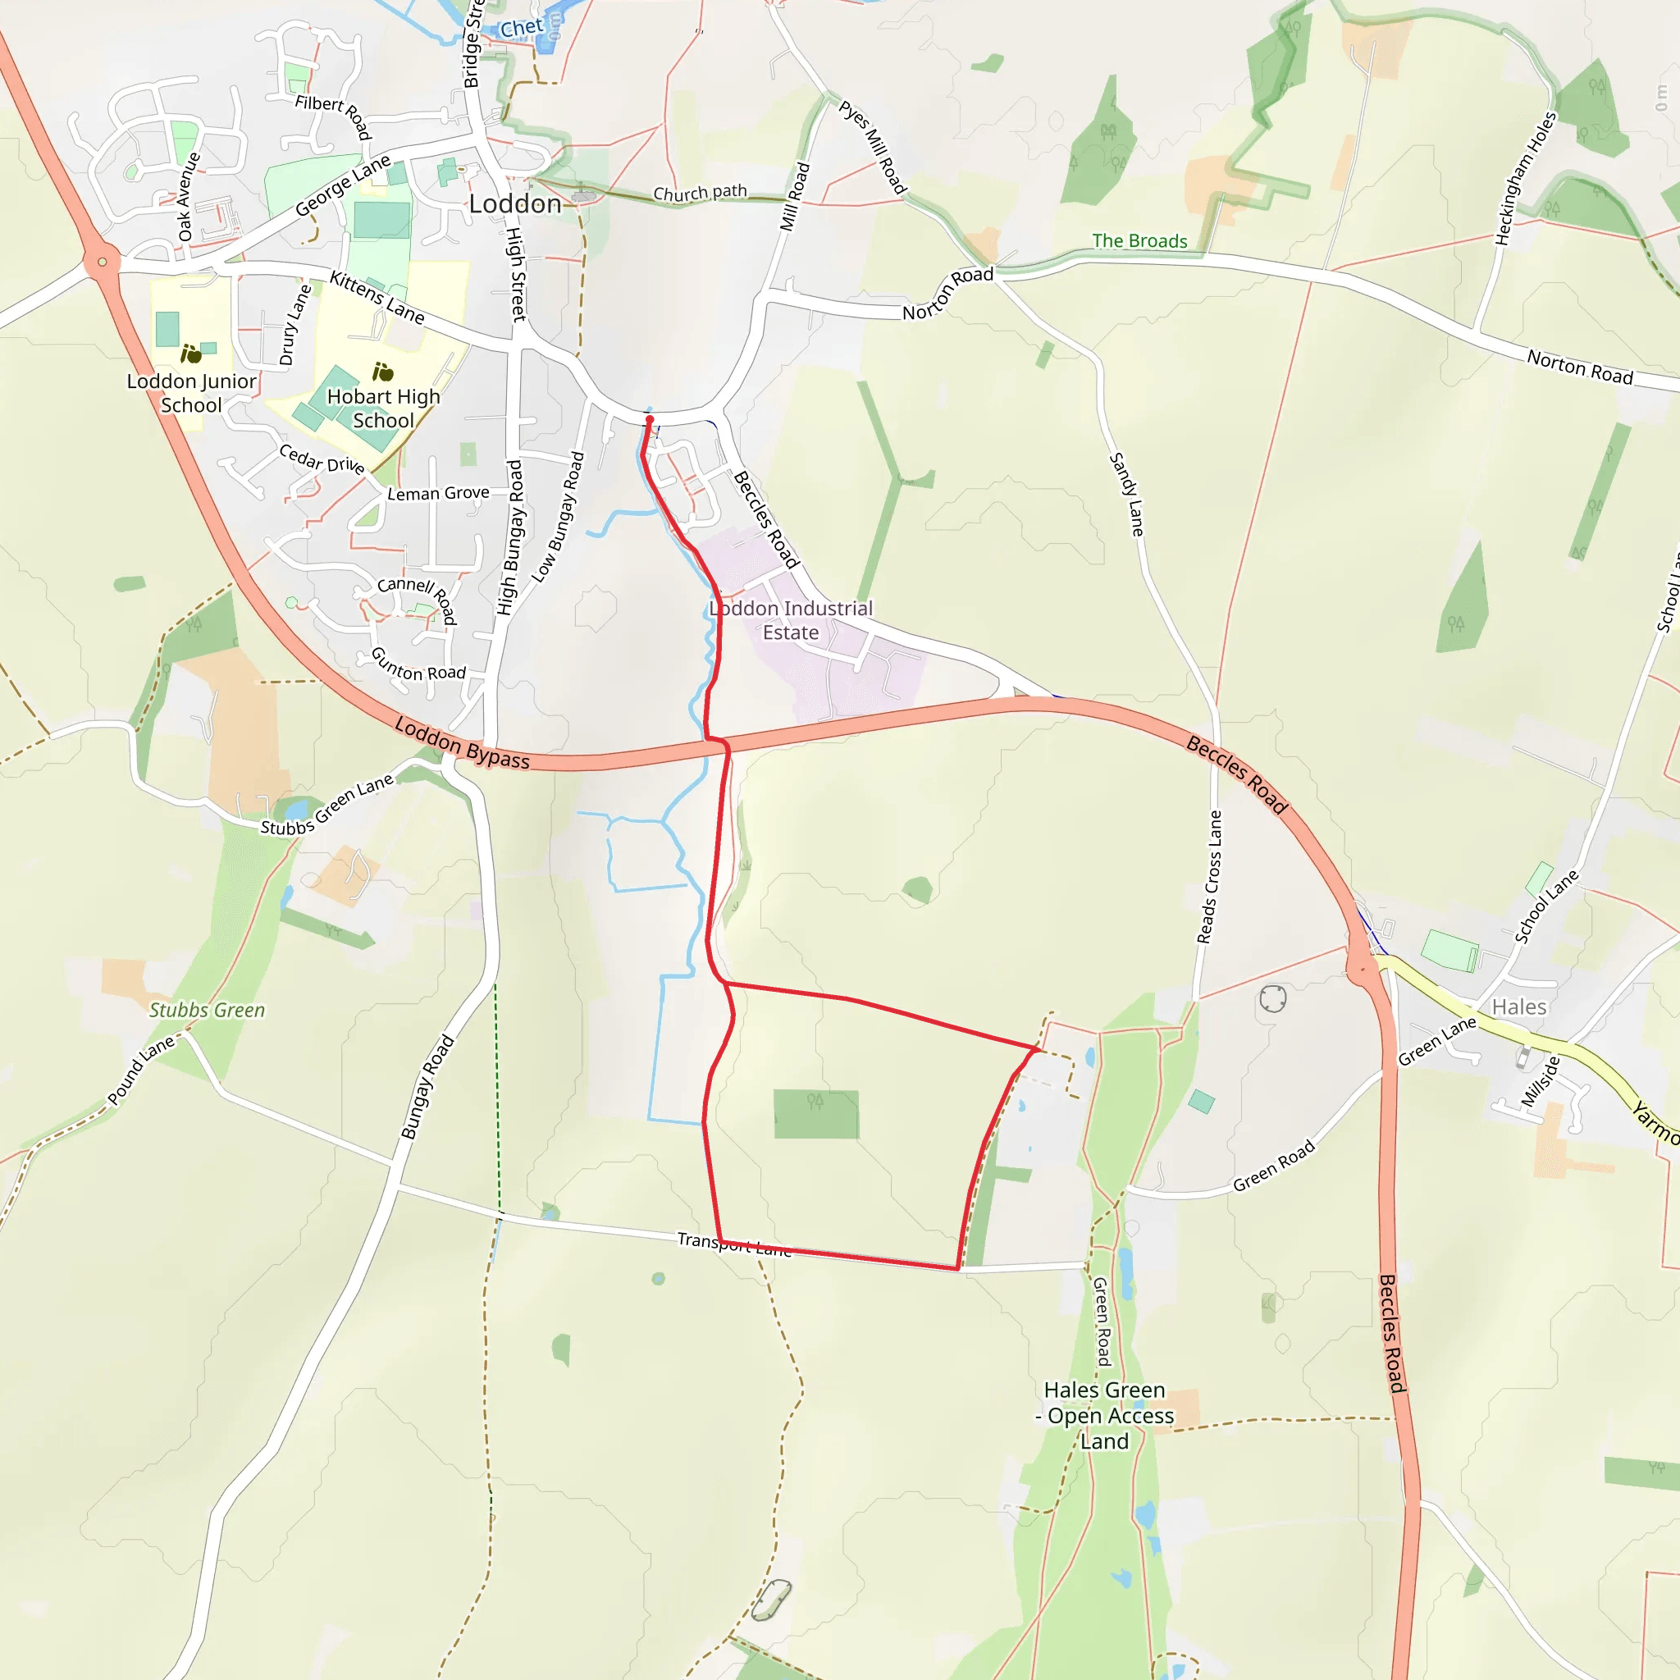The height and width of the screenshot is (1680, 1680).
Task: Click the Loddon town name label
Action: (x=515, y=204)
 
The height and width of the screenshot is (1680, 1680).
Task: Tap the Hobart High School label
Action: (x=383, y=408)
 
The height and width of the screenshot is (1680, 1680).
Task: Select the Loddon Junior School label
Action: (x=191, y=393)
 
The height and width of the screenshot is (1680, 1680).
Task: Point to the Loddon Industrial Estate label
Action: (x=791, y=620)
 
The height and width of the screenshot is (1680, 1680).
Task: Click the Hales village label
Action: (x=1519, y=1007)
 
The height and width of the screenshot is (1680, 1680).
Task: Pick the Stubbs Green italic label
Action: (x=207, y=1010)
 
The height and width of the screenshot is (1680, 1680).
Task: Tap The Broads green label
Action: (x=1139, y=241)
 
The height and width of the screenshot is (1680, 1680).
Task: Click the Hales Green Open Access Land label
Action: (x=1104, y=1416)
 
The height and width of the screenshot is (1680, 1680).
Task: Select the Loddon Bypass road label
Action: (x=462, y=743)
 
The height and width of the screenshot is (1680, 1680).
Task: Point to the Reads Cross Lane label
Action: (x=1210, y=877)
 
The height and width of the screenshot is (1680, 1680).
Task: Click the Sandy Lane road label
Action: (x=1127, y=494)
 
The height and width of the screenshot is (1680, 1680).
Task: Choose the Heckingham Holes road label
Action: (x=1525, y=178)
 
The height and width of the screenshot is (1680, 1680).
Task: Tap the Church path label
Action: (x=700, y=192)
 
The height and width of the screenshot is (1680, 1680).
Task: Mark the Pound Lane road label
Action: (x=141, y=1071)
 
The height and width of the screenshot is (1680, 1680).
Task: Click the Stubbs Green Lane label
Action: (x=327, y=806)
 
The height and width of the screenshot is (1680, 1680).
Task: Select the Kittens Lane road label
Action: (x=377, y=298)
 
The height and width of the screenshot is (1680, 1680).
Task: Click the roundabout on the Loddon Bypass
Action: (x=103, y=261)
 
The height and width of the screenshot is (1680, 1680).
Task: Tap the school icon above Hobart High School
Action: (x=382, y=372)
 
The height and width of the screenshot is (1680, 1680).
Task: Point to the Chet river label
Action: (x=521, y=29)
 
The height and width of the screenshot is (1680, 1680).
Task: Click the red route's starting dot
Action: (x=649, y=420)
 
